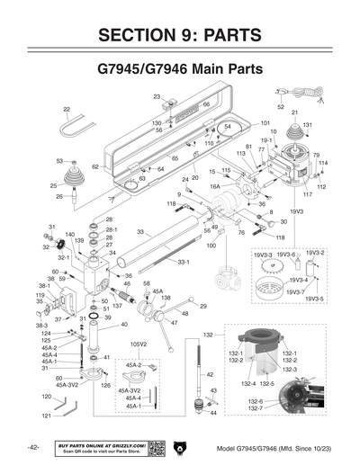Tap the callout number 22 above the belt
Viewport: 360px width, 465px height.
67,109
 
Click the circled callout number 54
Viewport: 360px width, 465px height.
228,127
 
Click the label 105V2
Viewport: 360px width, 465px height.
139,343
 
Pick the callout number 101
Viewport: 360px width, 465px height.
265,123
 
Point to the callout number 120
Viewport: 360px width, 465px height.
46,396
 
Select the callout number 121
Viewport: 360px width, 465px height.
46,416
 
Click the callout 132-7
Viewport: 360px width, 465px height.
256,408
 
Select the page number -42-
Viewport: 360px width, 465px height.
32,448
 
